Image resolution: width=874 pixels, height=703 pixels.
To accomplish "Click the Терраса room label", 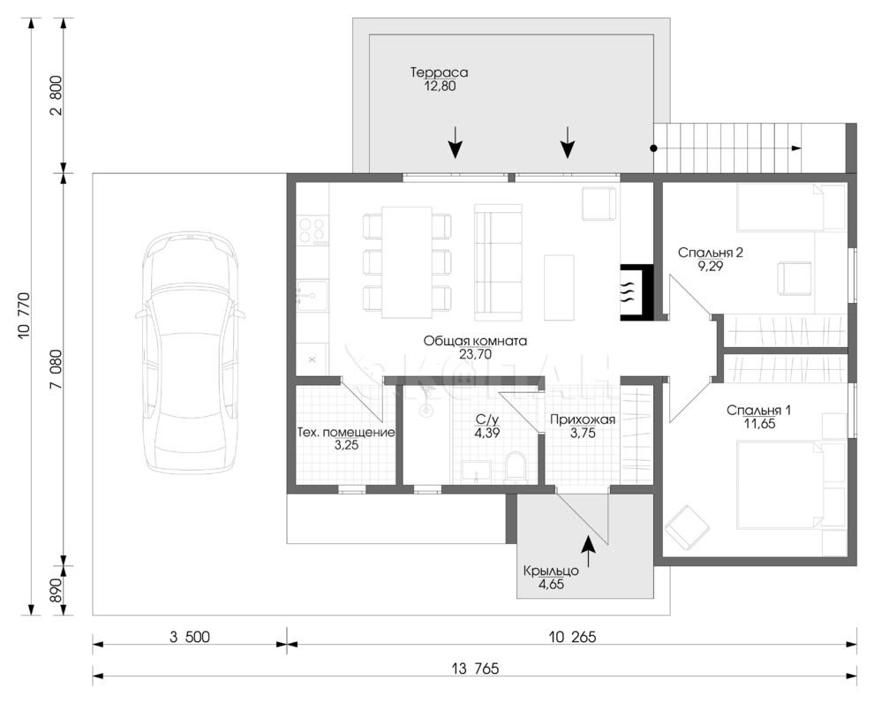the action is tap(439, 72).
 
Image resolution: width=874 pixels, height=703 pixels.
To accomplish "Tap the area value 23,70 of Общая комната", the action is tap(476, 354).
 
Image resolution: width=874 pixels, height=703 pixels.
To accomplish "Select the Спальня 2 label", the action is tap(710, 253).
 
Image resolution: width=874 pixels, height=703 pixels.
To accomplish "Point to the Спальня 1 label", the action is tap(758, 411).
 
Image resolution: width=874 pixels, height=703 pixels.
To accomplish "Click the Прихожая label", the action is tap(583, 420).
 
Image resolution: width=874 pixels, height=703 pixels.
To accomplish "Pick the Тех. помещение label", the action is tap(346, 432).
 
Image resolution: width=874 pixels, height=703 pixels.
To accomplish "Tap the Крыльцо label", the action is tap(551, 571).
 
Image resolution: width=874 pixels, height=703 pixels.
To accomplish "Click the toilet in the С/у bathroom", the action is tap(515, 468).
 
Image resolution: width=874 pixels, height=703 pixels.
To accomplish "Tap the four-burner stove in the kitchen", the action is tap(313, 231).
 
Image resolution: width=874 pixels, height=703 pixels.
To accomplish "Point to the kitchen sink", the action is tap(313, 296).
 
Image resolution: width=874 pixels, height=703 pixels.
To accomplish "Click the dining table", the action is tap(407, 261).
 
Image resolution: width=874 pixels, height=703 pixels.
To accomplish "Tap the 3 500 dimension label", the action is tap(190, 637).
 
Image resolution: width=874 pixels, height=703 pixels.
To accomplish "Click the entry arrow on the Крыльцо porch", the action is tap(588, 551).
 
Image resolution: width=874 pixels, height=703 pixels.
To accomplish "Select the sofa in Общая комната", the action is tap(498, 262).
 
